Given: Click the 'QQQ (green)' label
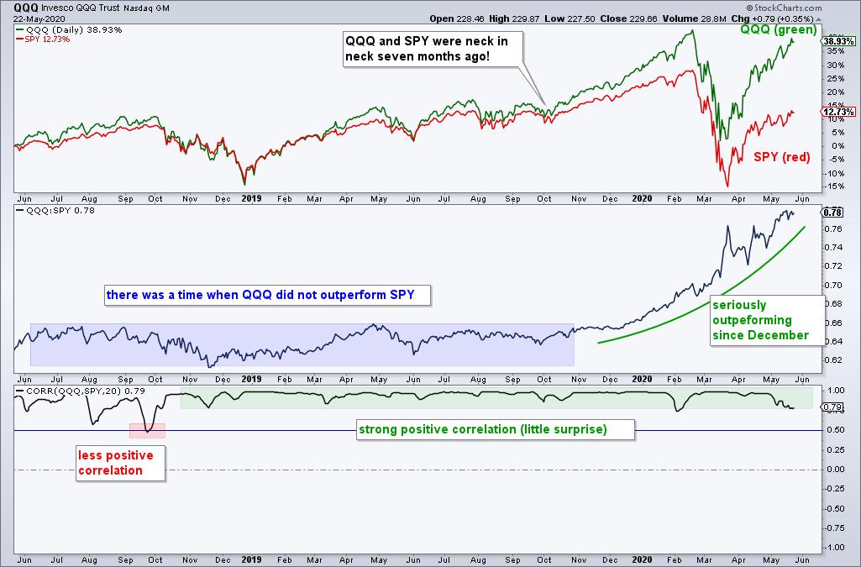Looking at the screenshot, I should coord(778,30).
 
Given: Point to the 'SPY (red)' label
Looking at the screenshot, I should coord(780,157).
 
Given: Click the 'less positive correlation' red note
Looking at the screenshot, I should coord(116,463).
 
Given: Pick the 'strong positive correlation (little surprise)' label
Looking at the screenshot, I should coord(495,430).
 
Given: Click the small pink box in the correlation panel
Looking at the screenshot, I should coord(147,430).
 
